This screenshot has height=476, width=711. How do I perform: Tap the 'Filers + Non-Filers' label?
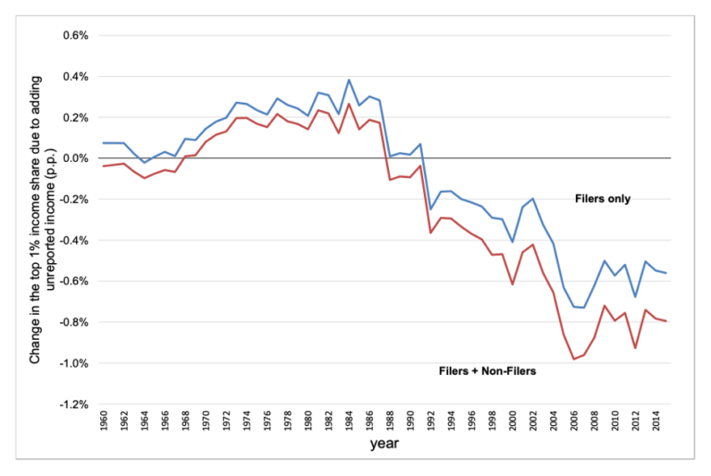[x=488, y=370]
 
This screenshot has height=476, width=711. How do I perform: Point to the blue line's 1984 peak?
[x=349, y=80]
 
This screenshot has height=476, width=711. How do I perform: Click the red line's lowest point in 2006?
[x=573, y=359]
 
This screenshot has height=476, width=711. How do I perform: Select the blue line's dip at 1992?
[x=430, y=209]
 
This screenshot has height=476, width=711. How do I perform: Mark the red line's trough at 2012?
[x=634, y=348]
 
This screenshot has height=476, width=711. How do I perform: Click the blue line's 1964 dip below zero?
[x=145, y=163]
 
